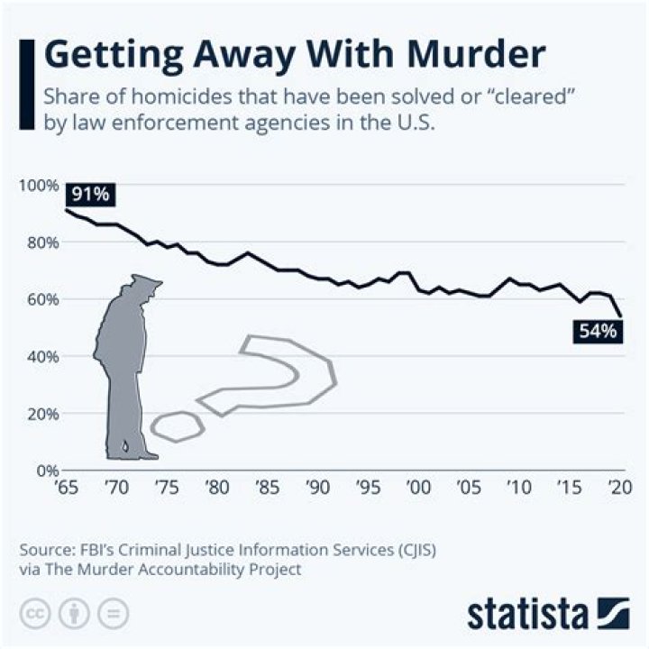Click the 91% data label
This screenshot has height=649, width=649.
(89, 195)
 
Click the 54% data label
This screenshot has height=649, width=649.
(597, 332)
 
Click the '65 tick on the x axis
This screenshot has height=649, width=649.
(66, 488)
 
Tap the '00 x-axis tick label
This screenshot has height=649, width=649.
(417, 488)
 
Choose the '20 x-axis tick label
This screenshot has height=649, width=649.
(618, 488)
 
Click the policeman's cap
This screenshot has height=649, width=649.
(145, 283)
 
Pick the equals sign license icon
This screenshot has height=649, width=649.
(112, 614)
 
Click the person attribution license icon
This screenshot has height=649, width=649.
(75, 614)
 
